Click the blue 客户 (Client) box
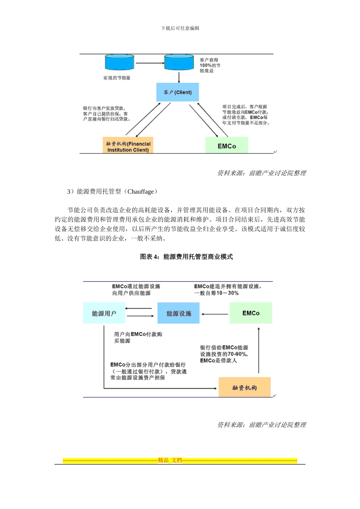pyautogui.click(x=177, y=92)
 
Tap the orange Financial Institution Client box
pyautogui.click(x=128, y=147)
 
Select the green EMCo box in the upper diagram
pyautogui.click(x=227, y=146)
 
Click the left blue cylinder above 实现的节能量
pyautogui.click(x=119, y=62)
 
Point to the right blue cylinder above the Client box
pyautogui.click(x=179, y=62)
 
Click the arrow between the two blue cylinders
pyautogui.click(x=149, y=63)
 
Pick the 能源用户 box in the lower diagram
pyautogui.click(x=104, y=313)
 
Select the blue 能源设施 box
pyautogui.click(x=178, y=313)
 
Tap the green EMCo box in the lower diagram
pyautogui.click(x=251, y=313)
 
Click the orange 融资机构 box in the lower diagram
pyautogui.click(x=244, y=387)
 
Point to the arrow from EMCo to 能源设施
pyautogui.click(x=214, y=314)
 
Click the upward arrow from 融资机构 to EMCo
pyautogui.click(x=259, y=350)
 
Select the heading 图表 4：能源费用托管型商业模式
pyautogui.click(x=186, y=257)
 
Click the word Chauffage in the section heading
pyautogui.click(x=141, y=192)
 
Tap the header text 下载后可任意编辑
pyautogui.click(x=180, y=28)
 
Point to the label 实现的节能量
pyautogui.click(x=117, y=78)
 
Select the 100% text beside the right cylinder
pyautogui.click(x=205, y=66)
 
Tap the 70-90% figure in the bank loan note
pyautogui.click(x=237, y=354)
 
